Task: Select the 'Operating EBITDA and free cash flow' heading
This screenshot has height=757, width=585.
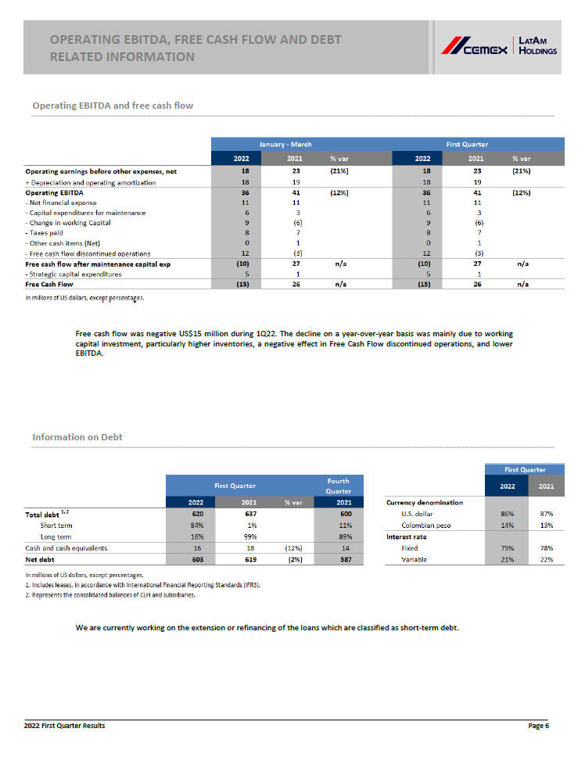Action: pos(113,106)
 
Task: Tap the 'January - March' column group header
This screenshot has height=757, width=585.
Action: pos(285,144)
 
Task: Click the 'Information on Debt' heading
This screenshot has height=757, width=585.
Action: pos(77,437)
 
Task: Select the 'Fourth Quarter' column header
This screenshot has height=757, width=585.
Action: pos(338,486)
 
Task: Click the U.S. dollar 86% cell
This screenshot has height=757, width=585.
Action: pos(507,514)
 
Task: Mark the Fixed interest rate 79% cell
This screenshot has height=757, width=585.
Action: pos(507,548)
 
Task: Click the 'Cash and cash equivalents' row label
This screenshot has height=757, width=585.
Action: pos(67,548)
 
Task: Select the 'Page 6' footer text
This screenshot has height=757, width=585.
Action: pos(538,727)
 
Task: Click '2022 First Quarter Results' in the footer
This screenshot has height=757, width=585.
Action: pos(65,727)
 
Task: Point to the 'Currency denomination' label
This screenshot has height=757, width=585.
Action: pos(424,502)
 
